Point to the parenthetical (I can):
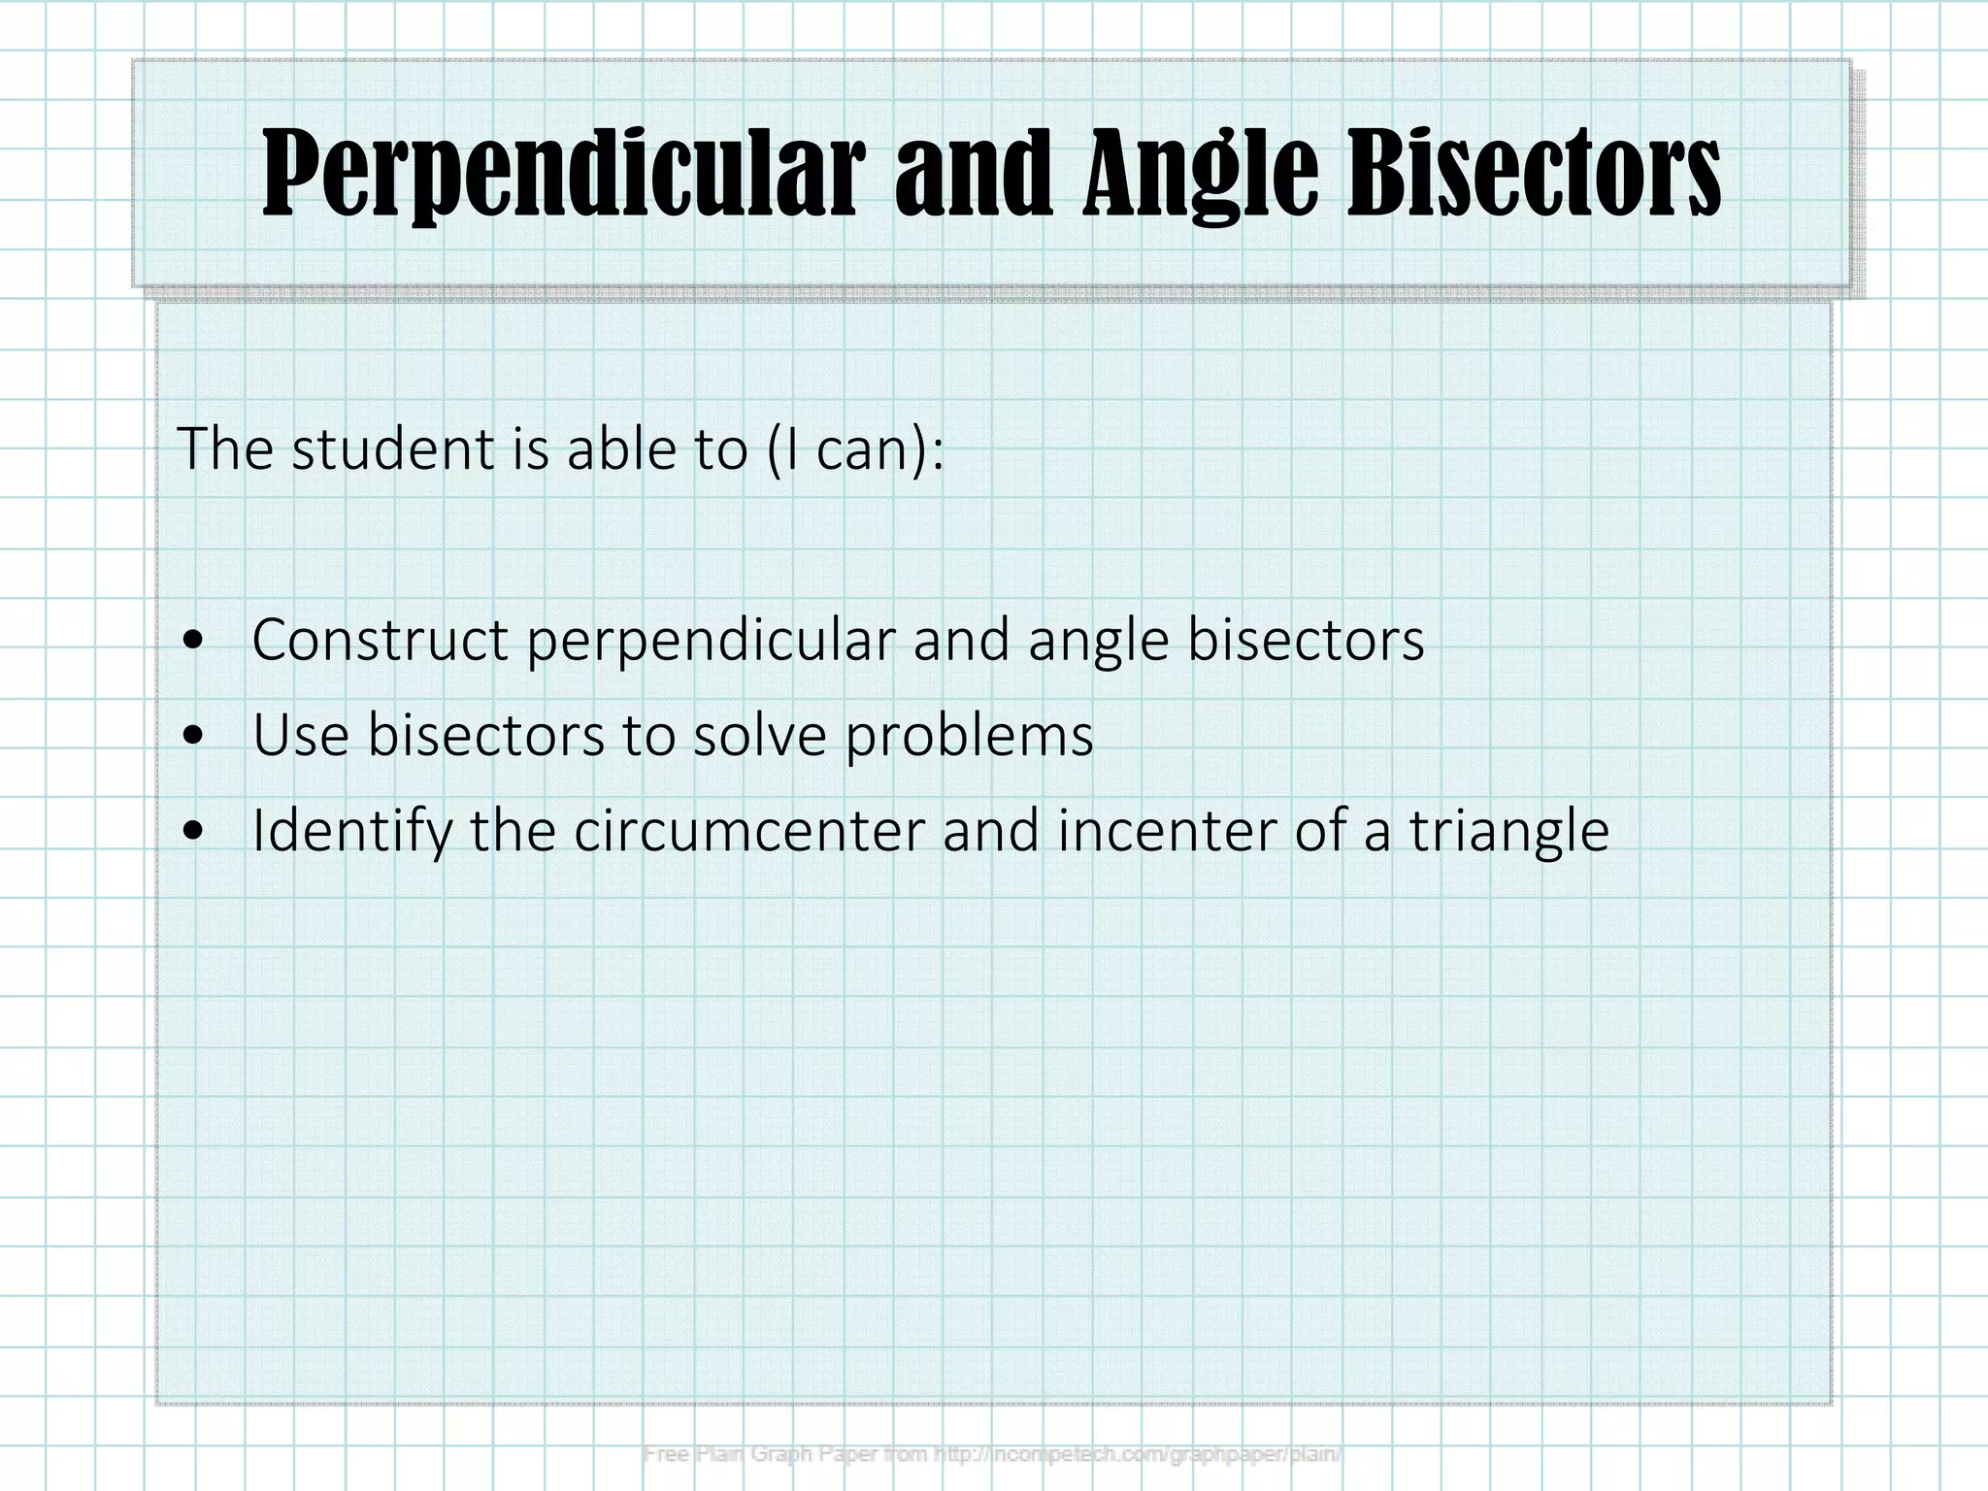pyautogui.click(x=854, y=449)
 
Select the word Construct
pyautogui.click(x=380, y=641)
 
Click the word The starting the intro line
pyautogui.click(x=225, y=449)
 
